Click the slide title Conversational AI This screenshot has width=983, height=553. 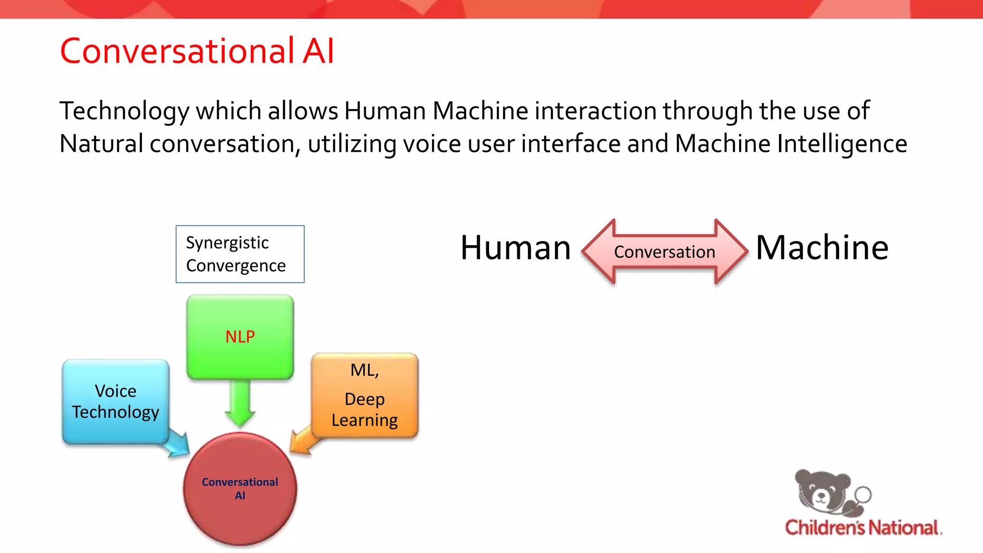click(197, 51)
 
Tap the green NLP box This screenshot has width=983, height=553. click(240, 337)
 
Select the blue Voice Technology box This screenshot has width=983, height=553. click(115, 401)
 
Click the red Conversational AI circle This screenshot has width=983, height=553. click(240, 489)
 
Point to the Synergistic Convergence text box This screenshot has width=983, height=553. click(240, 254)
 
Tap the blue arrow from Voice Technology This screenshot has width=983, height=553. click(178, 445)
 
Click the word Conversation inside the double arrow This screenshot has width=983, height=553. click(664, 252)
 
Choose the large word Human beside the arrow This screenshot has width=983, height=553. click(515, 248)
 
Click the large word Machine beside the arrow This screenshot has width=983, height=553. click(822, 248)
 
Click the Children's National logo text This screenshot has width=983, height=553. click(862, 528)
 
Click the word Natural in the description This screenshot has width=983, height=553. click(101, 144)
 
